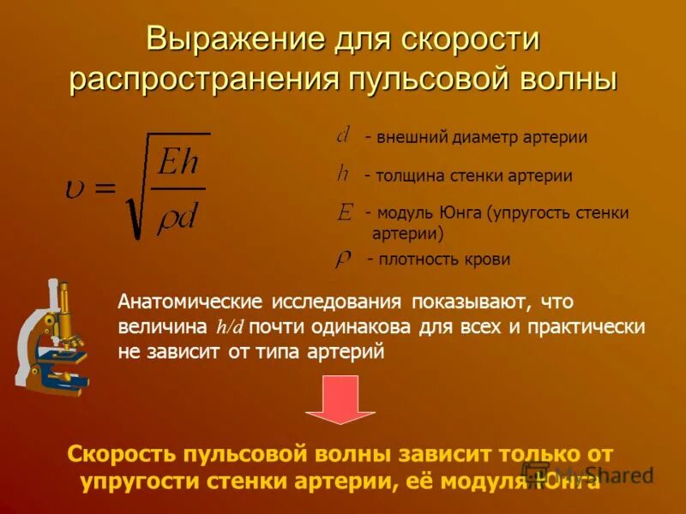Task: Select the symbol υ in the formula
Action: (x=75, y=188)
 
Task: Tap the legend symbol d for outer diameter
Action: (x=342, y=134)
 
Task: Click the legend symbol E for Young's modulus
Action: (x=345, y=212)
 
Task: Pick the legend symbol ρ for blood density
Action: (x=342, y=258)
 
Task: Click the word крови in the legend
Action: (x=489, y=259)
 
